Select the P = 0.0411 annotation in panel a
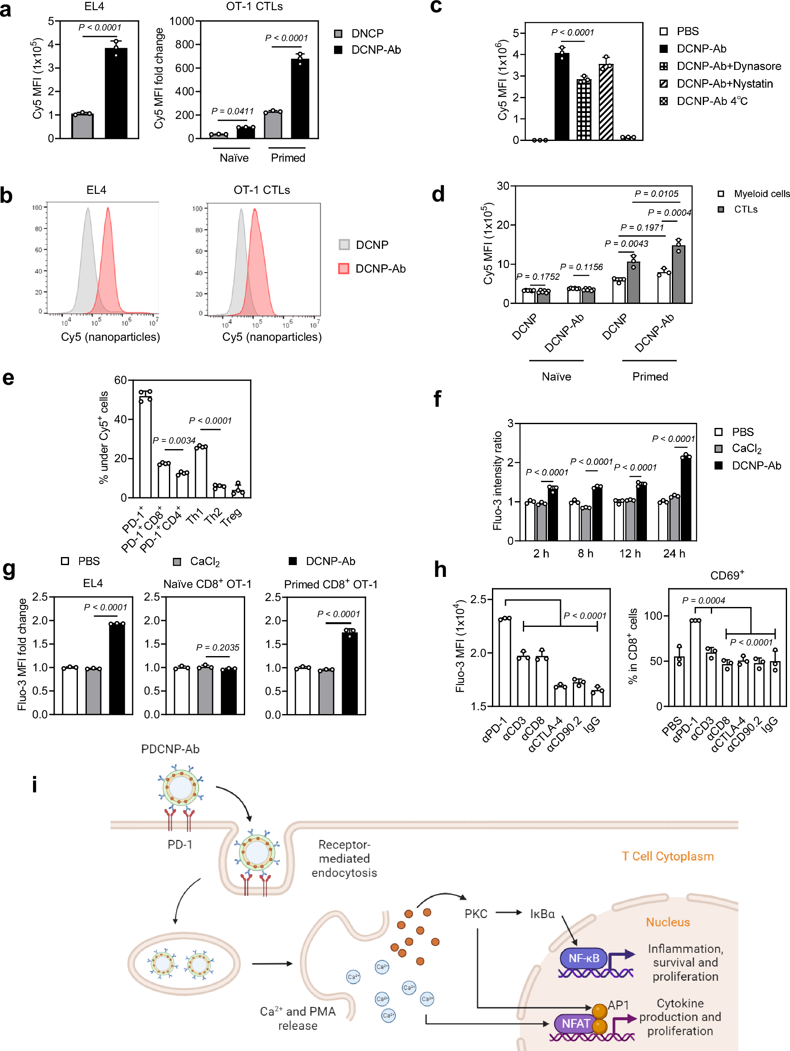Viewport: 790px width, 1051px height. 232,111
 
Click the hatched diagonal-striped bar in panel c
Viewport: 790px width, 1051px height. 605,102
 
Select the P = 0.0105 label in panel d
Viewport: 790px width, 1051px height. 657,194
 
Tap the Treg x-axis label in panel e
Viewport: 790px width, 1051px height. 232,516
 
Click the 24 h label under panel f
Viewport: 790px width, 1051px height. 674,554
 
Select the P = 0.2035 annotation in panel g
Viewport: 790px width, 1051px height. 218,648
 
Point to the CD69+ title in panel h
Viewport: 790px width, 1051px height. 726,575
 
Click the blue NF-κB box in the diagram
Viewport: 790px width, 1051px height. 583,958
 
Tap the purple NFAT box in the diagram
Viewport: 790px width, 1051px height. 576,1023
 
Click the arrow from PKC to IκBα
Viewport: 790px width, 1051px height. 508,912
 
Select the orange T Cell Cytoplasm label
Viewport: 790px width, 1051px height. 667,856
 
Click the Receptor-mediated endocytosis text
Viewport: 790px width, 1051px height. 344,858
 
